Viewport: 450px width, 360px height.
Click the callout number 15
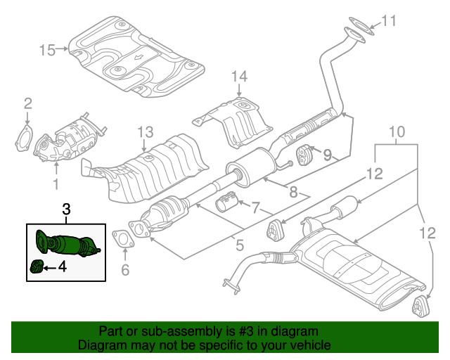(47, 50)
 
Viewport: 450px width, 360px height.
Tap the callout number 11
(388, 21)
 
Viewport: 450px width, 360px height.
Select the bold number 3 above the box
(66, 209)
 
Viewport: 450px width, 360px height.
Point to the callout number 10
(397, 131)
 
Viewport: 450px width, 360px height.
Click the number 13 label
(144, 131)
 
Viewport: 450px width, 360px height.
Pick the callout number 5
(239, 246)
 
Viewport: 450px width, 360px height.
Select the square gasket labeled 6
(124, 240)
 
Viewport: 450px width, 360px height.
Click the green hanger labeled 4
(38, 266)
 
